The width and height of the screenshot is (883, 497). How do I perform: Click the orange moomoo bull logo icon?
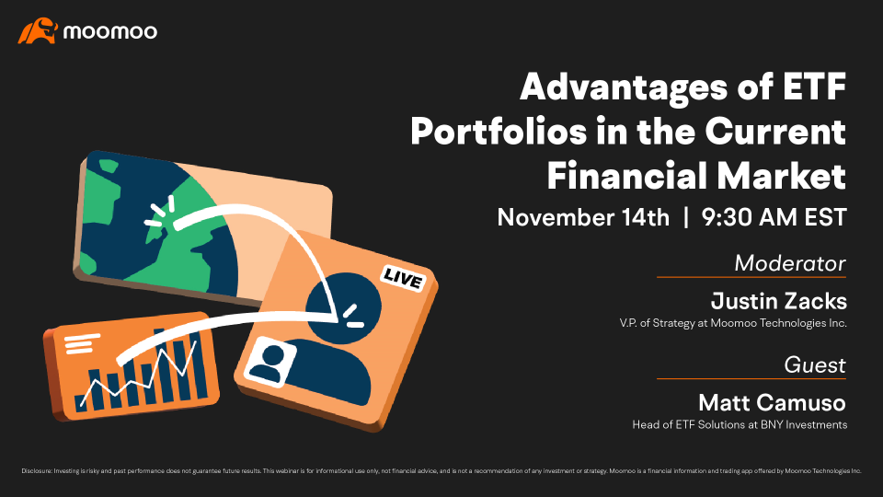coord(38,30)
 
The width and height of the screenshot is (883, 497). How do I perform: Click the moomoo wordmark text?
coord(110,31)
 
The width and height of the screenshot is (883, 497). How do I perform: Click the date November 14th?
coord(583,217)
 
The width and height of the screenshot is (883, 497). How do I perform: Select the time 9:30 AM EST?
coord(774,217)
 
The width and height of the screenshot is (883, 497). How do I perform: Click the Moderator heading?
coord(790,263)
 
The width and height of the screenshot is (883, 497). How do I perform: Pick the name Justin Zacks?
coord(779,301)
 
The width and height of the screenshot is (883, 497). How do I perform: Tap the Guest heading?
coord(815,365)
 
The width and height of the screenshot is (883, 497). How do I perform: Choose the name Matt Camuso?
coord(772,403)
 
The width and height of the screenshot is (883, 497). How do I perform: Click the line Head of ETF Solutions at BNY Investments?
coord(740,425)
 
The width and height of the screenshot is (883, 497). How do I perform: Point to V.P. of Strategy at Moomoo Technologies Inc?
coord(733,323)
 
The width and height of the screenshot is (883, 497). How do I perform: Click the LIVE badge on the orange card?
coord(402,279)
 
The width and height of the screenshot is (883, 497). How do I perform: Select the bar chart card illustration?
coord(132,365)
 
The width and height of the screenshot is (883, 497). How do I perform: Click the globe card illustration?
coord(202,226)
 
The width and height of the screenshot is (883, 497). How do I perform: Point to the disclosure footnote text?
coord(441,471)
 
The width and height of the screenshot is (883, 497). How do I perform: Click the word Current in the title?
coord(775,132)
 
